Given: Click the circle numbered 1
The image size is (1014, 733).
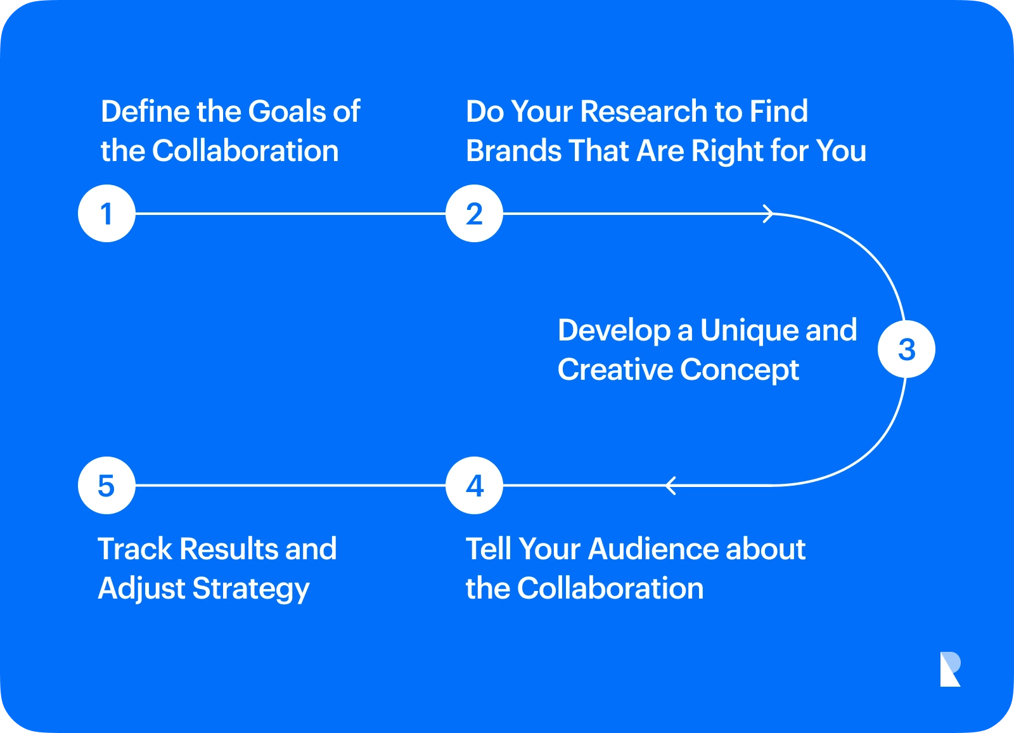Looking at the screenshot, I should tap(106, 214).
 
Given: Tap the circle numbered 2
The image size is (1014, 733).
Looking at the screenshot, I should tap(474, 214).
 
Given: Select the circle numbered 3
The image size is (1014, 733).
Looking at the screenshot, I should tap(906, 349).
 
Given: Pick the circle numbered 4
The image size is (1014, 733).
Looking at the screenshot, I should tap(474, 486).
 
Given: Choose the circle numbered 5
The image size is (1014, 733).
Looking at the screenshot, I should tap(106, 486).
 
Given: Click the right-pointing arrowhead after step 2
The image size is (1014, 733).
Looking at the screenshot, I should tap(767, 214).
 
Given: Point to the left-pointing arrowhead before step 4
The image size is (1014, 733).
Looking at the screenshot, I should tap(671, 486).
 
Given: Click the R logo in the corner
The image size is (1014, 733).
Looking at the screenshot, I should tap(949, 669).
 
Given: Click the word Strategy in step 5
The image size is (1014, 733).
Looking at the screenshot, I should tap(251, 589).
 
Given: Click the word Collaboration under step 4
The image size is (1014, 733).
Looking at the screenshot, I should tap(610, 588).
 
